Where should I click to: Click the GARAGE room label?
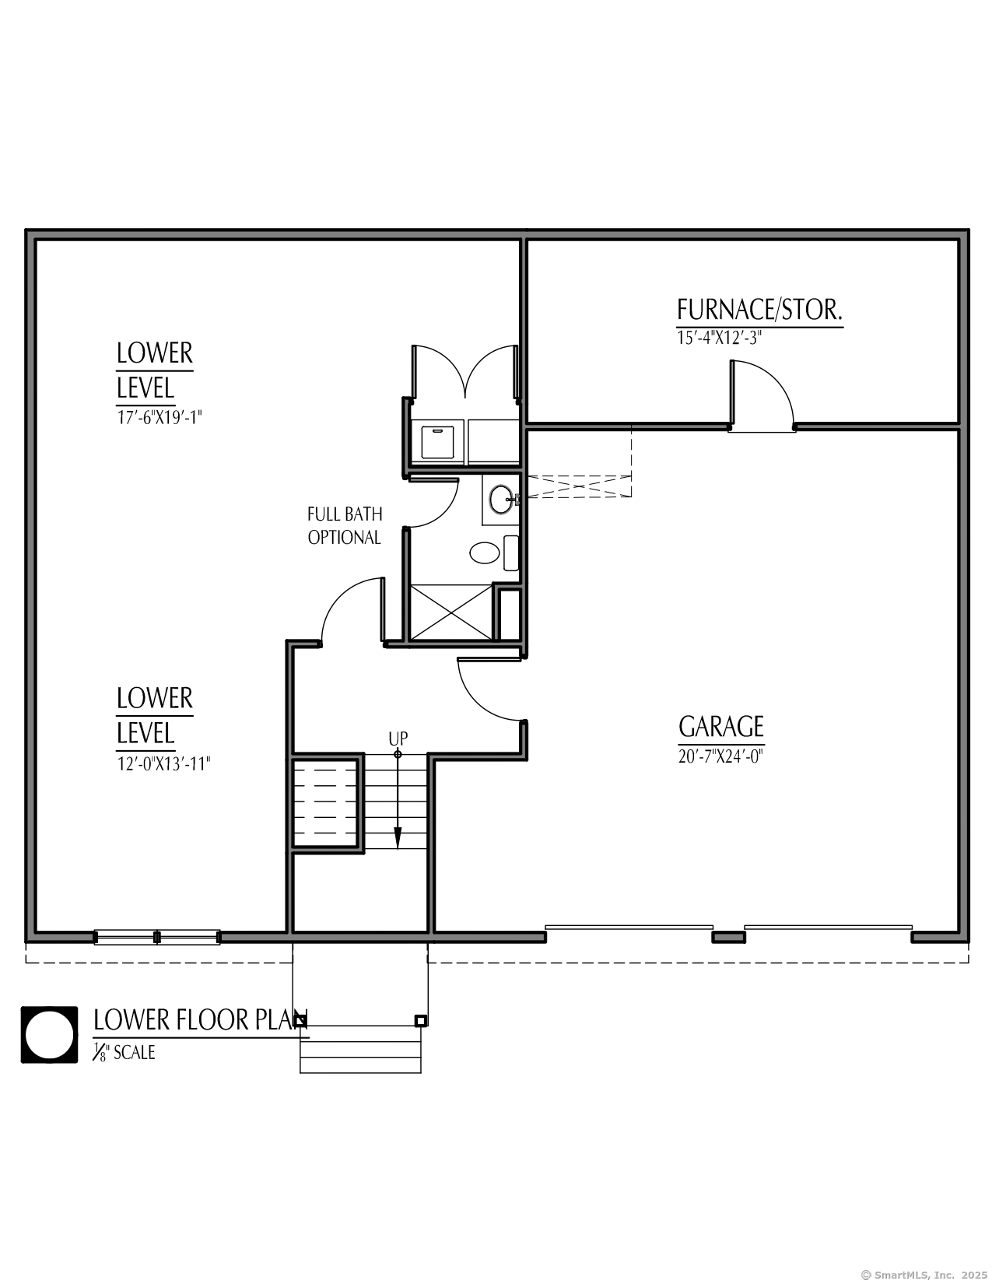click(x=721, y=727)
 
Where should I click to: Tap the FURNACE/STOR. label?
click(x=759, y=310)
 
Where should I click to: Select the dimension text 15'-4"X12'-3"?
click(x=718, y=339)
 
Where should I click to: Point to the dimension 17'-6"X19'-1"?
click(x=159, y=416)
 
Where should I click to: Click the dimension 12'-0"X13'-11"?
click(x=163, y=763)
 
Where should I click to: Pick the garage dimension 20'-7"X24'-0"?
click(x=720, y=756)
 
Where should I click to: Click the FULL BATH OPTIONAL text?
click(x=345, y=525)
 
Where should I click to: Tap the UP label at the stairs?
click(x=398, y=738)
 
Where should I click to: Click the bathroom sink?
click(x=501, y=499)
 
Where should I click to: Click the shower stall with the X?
click(x=451, y=612)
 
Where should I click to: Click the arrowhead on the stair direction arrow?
click(x=398, y=838)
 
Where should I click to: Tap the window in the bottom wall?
click(x=157, y=937)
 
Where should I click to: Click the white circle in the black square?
click(x=49, y=1035)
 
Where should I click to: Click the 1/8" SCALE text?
click(x=124, y=1052)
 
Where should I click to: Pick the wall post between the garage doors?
click(x=729, y=937)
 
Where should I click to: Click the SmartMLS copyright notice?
click(x=924, y=1275)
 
